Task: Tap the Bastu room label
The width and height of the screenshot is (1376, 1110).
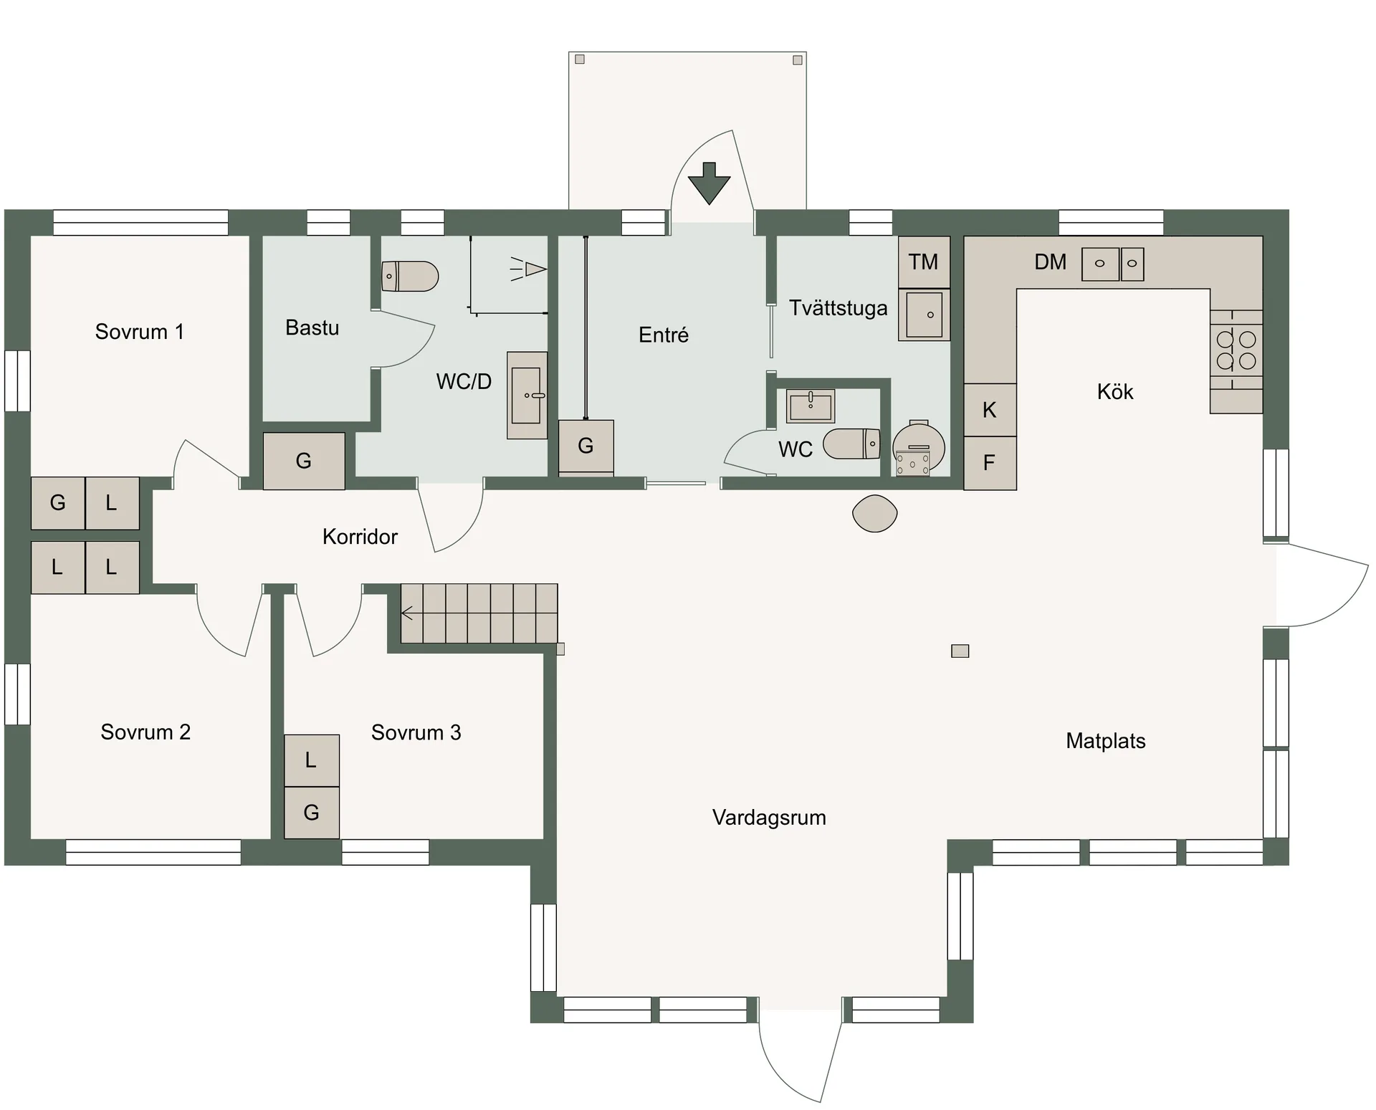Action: tap(312, 327)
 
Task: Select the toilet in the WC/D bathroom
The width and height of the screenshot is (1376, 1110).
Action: tap(410, 276)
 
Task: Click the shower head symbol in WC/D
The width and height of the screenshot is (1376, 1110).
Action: tap(530, 269)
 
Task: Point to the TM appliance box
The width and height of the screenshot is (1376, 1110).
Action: tap(924, 262)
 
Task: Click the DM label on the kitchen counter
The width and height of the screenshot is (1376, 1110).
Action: tap(1050, 262)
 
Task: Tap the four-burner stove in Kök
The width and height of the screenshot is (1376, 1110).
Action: tap(1236, 350)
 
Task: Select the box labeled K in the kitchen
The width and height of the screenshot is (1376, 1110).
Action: tap(990, 410)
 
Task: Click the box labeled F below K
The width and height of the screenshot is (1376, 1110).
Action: tap(990, 463)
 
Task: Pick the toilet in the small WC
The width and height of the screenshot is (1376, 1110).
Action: tap(851, 444)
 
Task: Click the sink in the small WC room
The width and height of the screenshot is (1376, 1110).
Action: tap(811, 406)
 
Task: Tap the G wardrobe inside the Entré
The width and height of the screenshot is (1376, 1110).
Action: tap(586, 446)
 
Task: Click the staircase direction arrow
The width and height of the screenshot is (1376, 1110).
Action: tap(408, 613)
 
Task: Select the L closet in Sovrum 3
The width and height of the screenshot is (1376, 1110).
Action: tap(311, 760)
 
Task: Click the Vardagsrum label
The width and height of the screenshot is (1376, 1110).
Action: tap(769, 818)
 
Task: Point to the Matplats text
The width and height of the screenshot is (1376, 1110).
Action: tap(1105, 741)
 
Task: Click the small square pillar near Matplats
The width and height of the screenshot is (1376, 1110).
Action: tap(960, 651)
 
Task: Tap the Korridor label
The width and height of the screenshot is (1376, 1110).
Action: tap(360, 537)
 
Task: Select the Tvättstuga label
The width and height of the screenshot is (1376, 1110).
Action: tap(838, 308)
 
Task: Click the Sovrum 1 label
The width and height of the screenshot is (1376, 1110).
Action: tap(140, 332)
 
